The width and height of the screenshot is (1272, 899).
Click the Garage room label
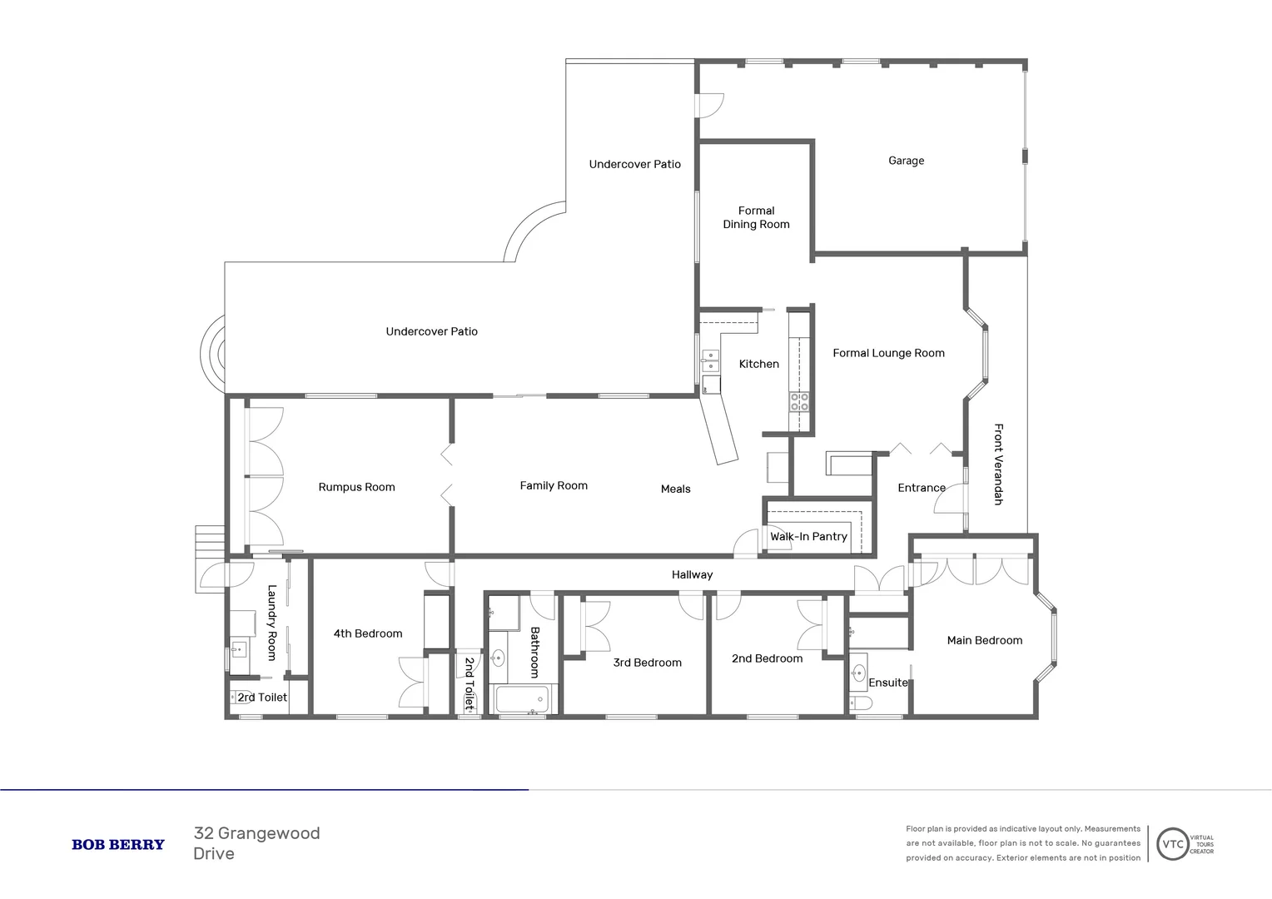pos(906,161)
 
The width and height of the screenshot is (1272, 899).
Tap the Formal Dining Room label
pos(756,217)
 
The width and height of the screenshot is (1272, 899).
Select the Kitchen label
pos(758,364)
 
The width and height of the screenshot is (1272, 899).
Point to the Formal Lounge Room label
pos(888,353)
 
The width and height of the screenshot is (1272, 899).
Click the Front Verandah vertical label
pos(998,464)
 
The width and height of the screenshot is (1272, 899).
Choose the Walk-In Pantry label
pos(808,537)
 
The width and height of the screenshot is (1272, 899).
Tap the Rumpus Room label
pos(356,487)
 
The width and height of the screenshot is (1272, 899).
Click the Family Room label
pos(554,485)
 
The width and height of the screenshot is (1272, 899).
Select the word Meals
pos(675,489)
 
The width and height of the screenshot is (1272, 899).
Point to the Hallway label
pos(692,574)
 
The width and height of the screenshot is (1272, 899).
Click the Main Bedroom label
pos(984,640)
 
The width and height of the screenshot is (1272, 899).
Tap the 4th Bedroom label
pos(367,633)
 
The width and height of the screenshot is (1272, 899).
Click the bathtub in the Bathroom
pos(521,699)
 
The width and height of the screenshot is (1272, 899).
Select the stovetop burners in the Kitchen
pos(799,402)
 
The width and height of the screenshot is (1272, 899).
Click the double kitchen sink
pos(710,361)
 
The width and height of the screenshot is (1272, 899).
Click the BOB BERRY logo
pos(118,844)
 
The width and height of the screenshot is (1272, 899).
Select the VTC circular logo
pos(1172,844)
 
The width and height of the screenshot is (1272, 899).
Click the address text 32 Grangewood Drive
pos(256,843)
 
